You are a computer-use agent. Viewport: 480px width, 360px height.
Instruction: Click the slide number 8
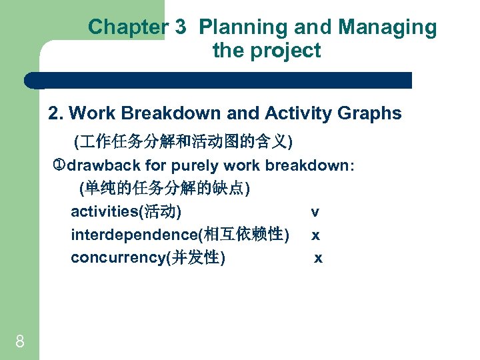(20, 342)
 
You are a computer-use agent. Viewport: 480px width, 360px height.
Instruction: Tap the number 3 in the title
(181, 27)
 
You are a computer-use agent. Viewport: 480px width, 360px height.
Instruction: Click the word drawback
(103, 165)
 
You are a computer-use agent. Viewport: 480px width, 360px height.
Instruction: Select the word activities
(103, 212)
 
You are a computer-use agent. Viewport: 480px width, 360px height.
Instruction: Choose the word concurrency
(118, 257)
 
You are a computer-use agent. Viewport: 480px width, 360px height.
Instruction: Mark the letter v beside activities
(315, 213)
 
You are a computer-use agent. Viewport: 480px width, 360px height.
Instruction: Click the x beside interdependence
(315, 235)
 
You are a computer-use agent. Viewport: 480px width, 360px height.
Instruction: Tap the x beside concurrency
(318, 258)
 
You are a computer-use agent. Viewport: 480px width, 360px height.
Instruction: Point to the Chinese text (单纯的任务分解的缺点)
(164, 189)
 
